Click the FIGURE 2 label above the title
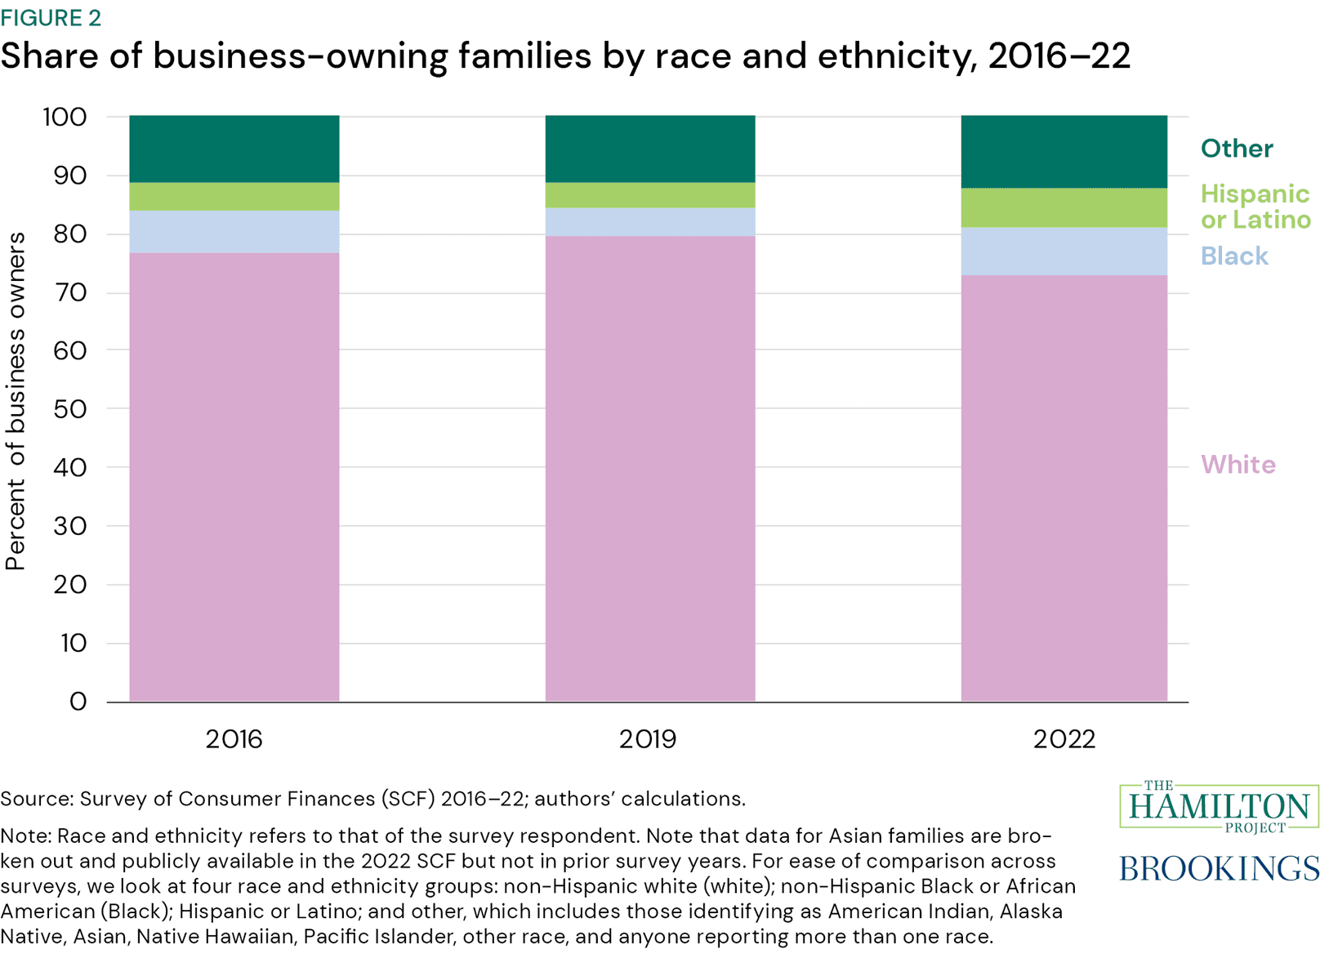(51, 17)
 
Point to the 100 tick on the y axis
(65, 117)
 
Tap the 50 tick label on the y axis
(69, 409)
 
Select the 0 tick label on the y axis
(78, 702)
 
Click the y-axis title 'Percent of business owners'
(16, 401)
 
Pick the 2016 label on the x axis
(234, 739)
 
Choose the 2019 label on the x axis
(648, 739)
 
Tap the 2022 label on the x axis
(1064, 739)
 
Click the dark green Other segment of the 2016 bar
(234, 149)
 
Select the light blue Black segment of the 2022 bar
(1064, 252)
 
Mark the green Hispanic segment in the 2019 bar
(650, 195)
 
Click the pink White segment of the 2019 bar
(650, 466)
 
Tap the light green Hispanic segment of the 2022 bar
(1064, 207)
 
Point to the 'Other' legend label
(1236, 149)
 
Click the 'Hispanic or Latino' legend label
(1255, 207)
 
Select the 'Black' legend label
(1233, 256)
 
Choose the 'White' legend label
(1237, 465)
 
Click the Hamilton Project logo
(1219, 807)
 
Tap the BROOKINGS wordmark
(1219, 867)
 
